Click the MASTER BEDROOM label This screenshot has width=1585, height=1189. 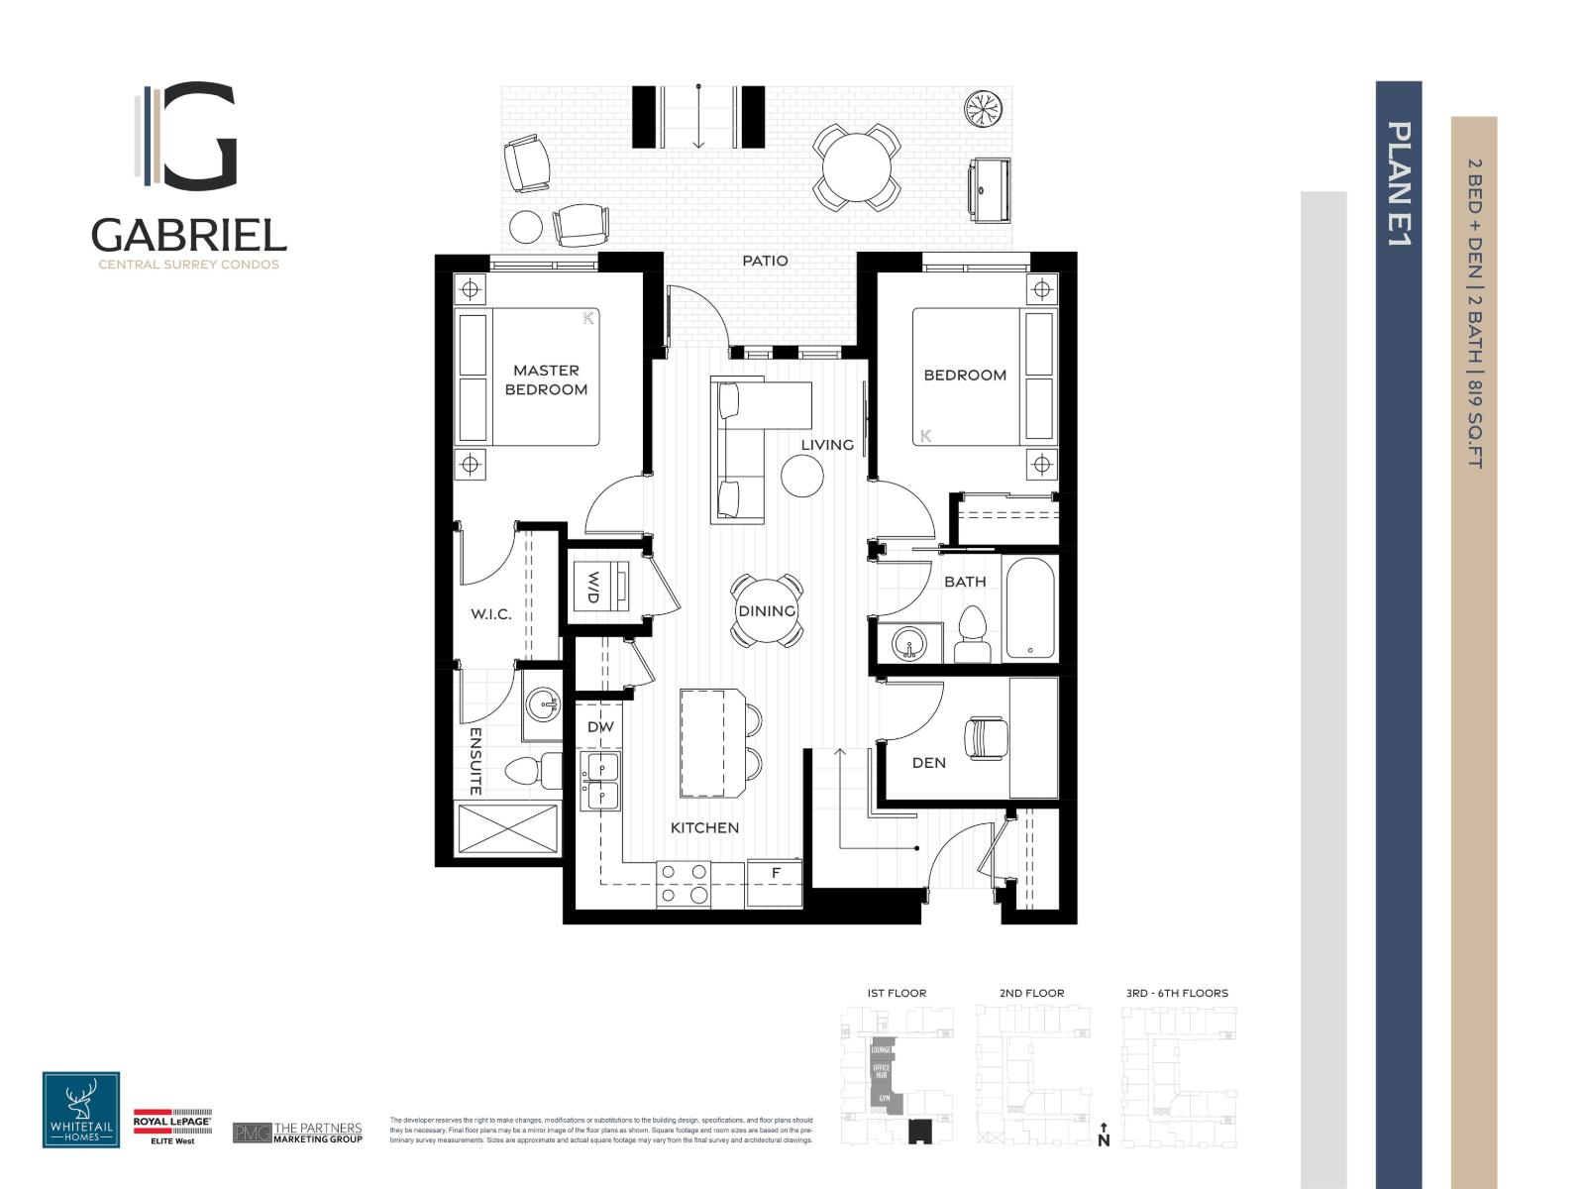(x=546, y=379)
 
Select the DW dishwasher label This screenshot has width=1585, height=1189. (x=600, y=726)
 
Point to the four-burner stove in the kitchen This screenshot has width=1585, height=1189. (x=685, y=883)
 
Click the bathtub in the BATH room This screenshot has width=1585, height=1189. (x=1030, y=607)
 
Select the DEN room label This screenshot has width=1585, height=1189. (x=928, y=762)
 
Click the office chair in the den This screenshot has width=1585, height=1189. (x=987, y=736)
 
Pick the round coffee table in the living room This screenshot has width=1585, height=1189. (x=802, y=477)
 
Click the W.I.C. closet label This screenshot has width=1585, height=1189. (x=490, y=614)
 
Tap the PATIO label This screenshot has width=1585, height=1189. (x=766, y=261)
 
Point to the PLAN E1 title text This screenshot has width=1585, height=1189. (x=1399, y=183)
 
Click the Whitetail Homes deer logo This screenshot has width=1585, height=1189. (x=81, y=1109)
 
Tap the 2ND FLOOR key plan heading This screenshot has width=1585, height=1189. (x=1031, y=992)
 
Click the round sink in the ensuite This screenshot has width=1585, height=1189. (x=542, y=704)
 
